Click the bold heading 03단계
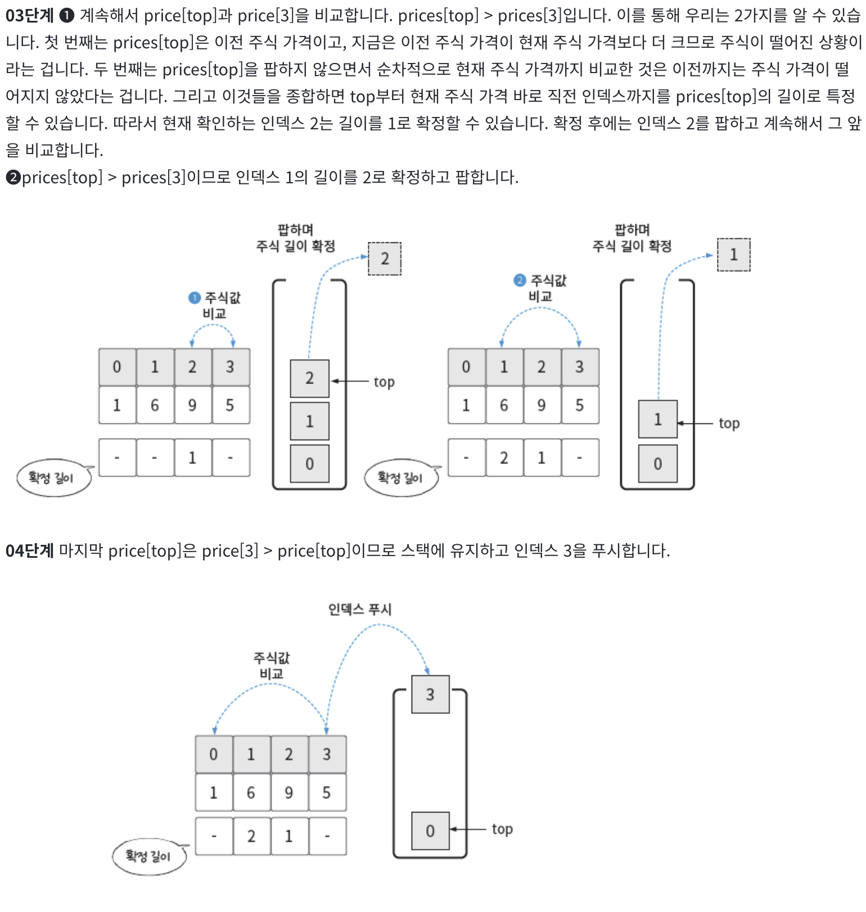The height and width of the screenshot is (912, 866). (x=29, y=15)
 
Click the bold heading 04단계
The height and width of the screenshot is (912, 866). (x=29, y=550)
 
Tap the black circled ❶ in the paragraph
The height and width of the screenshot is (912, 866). (x=67, y=15)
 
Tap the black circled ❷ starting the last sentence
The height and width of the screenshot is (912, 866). (x=13, y=178)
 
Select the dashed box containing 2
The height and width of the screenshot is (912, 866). (x=385, y=259)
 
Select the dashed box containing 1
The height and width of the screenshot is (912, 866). (x=733, y=255)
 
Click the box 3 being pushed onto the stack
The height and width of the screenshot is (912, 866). (x=430, y=694)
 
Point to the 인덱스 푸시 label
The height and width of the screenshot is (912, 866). (x=359, y=609)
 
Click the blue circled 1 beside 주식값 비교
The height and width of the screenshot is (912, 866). (x=194, y=297)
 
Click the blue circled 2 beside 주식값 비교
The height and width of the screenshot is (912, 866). (x=520, y=280)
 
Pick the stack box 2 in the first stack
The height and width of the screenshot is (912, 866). (x=309, y=378)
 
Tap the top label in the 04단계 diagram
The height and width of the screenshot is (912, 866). (x=502, y=829)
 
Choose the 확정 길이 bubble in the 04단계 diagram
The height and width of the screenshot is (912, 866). (x=148, y=856)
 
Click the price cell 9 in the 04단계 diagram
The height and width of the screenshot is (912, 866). (x=288, y=793)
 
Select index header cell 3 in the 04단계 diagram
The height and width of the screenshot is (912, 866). (x=327, y=755)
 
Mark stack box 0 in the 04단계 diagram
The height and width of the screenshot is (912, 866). (x=430, y=831)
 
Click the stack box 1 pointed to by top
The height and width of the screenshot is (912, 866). (x=657, y=419)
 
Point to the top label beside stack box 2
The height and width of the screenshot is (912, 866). (x=384, y=382)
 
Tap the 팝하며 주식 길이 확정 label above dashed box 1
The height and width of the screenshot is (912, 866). (x=632, y=238)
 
